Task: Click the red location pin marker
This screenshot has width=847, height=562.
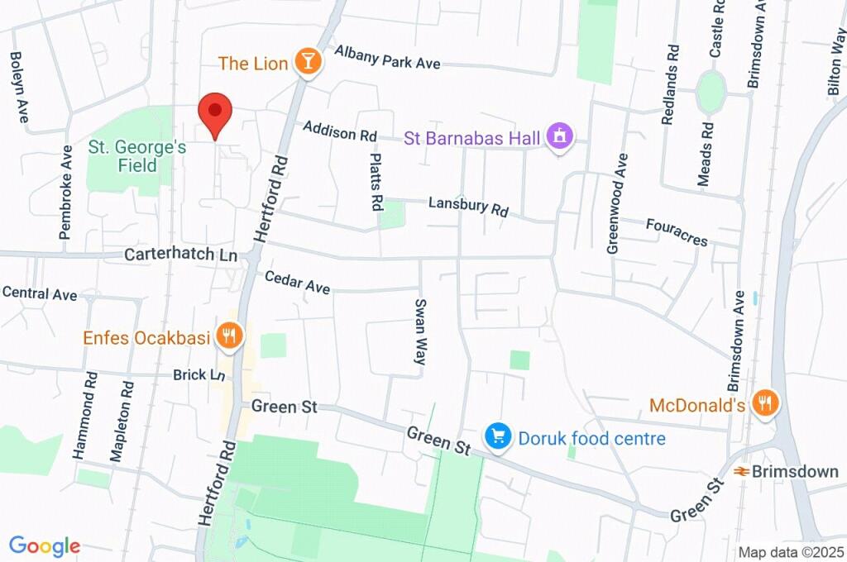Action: click(215, 113)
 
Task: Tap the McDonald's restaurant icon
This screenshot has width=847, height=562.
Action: click(765, 404)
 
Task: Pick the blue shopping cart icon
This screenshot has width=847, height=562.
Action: click(497, 436)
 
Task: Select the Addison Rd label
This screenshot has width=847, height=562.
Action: click(339, 131)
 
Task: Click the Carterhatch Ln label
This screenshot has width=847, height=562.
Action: click(180, 255)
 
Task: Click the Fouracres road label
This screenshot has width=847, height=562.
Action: click(677, 232)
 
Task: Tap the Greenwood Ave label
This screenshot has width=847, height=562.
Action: click(617, 202)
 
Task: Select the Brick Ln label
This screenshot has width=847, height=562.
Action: click(199, 375)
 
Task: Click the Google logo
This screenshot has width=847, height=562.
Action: click(45, 546)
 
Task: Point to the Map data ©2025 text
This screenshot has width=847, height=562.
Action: click(790, 552)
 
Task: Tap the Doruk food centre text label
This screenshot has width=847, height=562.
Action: click(591, 437)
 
